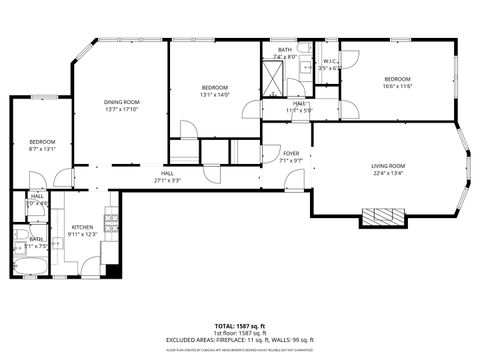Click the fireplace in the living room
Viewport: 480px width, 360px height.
pyautogui.click(x=384, y=216)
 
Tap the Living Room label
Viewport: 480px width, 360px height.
pyautogui.click(x=389, y=166)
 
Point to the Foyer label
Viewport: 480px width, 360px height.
pyautogui.click(x=289, y=153)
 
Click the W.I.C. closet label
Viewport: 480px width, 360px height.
pyautogui.click(x=329, y=61)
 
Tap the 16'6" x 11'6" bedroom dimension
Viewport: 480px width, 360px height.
pyautogui.click(x=398, y=85)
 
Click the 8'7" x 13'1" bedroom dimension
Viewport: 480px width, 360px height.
pyautogui.click(x=41, y=150)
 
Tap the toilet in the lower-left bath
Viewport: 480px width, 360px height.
pyautogui.click(x=21, y=236)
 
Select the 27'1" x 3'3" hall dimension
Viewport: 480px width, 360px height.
pyautogui.click(x=168, y=181)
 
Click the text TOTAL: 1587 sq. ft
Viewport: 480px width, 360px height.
pyautogui.click(x=239, y=326)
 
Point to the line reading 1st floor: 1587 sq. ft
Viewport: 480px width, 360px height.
pyautogui.click(x=239, y=333)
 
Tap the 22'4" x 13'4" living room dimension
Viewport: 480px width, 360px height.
pyautogui.click(x=389, y=173)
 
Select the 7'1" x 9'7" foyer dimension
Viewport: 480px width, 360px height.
pyautogui.click(x=289, y=160)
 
